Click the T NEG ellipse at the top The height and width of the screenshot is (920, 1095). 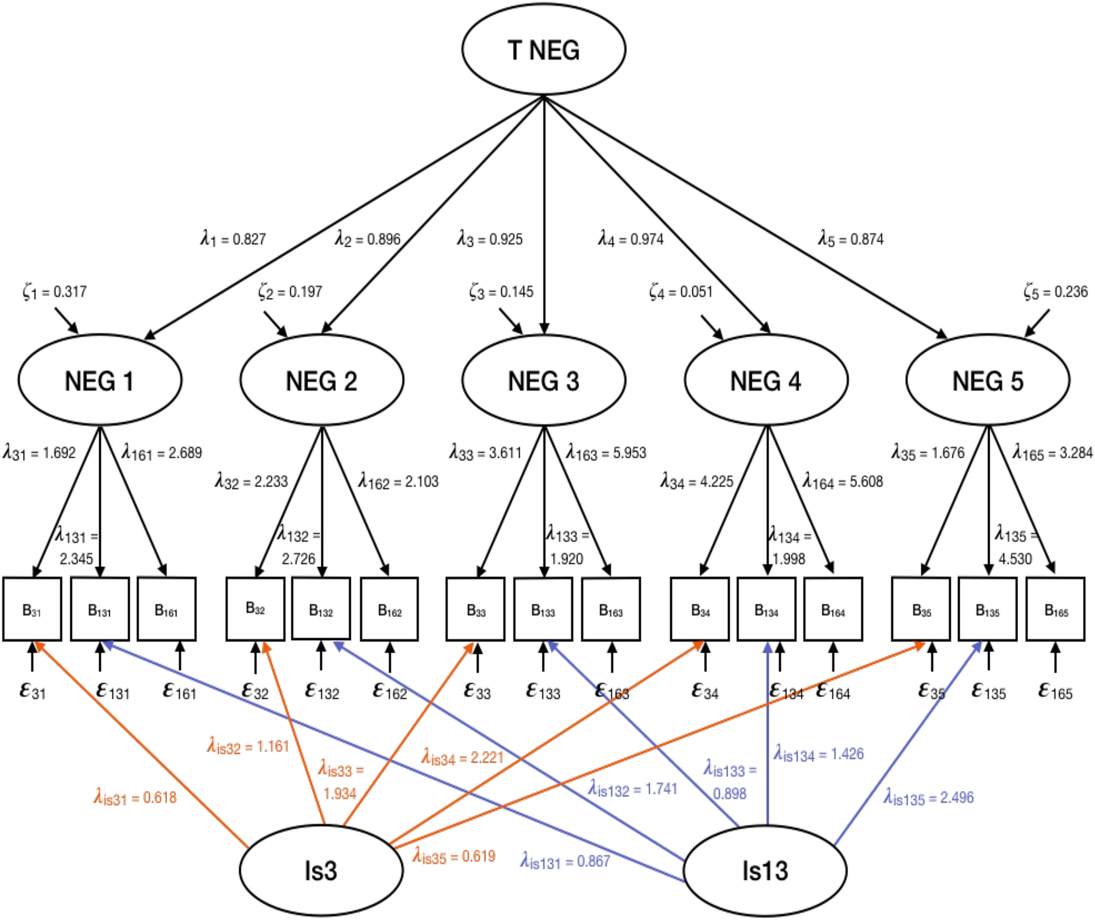point(543,49)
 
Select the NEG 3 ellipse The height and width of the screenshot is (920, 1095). point(543,380)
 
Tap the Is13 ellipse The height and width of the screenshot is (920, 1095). point(765,870)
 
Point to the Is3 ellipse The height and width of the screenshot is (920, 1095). point(321,870)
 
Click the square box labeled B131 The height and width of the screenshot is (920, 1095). point(100,609)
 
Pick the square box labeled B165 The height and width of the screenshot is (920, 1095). point(1055,609)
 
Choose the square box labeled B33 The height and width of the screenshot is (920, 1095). point(475,609)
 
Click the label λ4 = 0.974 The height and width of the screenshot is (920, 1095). point(631,239)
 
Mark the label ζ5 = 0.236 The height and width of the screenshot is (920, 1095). point(1055,292)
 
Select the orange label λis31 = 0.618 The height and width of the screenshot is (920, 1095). point(135,798)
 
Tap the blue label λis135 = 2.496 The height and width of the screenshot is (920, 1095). point(929,798)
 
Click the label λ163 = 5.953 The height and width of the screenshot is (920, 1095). point(606,453)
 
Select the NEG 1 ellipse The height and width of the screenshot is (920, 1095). point(100,380)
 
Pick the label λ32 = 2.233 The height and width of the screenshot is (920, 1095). point(251,482)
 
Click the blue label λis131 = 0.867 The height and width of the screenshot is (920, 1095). point(565,861)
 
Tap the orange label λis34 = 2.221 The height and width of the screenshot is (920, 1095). point(462,757)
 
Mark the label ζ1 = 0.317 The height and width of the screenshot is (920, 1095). point(55,292)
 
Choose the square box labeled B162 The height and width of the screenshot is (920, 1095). point(389,609)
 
